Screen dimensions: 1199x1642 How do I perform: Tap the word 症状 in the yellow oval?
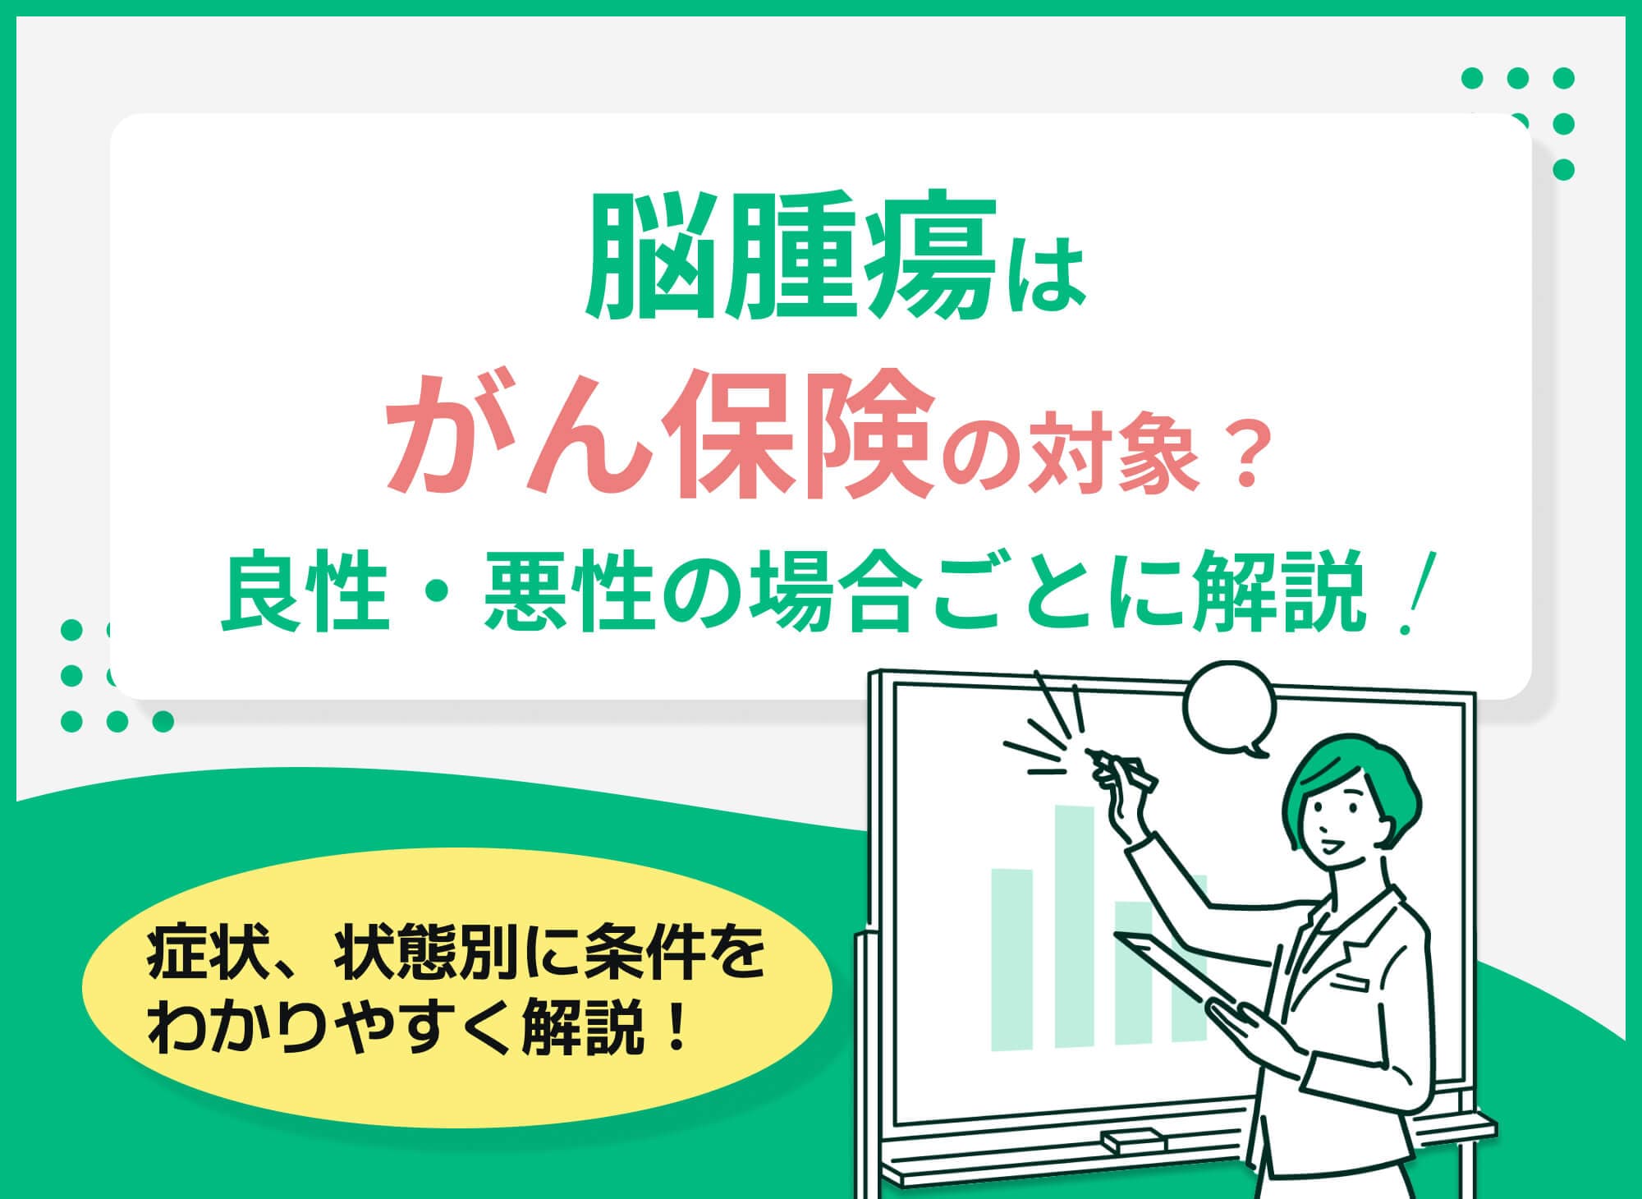197,958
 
